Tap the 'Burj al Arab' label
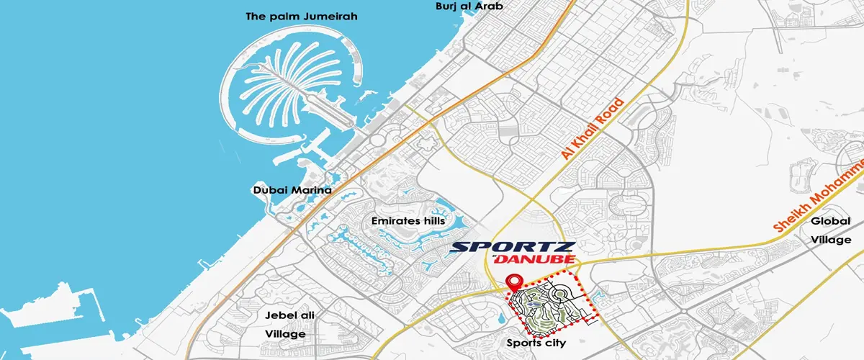coord(469,6)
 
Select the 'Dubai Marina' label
coord(292,191)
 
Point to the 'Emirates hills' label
coord(408,220)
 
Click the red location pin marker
coord(513,283)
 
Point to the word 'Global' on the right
coord(831,221)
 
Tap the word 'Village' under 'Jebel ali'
coord(286,334)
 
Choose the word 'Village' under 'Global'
coord(831,239)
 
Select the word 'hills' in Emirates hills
coord(431,220)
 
